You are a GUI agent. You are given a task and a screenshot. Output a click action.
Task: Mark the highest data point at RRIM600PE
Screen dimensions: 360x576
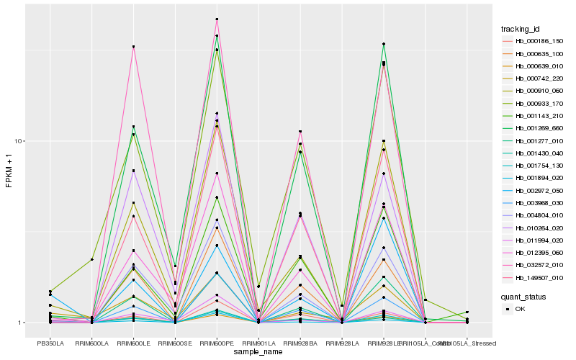[217, 19]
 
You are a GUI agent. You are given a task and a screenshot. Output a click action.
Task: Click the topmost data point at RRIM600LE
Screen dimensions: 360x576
[133, 47]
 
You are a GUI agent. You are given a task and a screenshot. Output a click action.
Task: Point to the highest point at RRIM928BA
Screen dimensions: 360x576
[300, 132]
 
